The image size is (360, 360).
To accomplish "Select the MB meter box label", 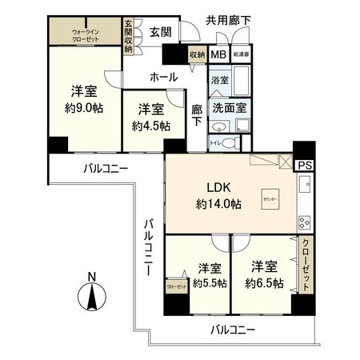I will click(218, 55).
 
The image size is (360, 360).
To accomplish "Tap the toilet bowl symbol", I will click(230, 143).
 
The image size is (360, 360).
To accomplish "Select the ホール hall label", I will click(163, 77).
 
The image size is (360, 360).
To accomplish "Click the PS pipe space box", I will click(305, 165).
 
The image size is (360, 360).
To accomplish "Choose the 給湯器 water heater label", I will click(241, 55).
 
